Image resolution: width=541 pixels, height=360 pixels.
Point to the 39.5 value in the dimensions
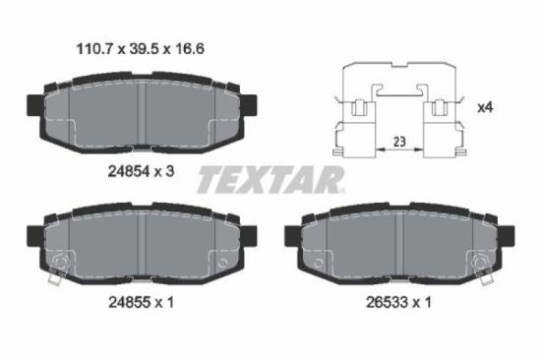pyautogui.click(x=144, y=47)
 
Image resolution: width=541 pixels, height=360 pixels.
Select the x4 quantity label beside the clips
pyautogui.click(x=486, y=106)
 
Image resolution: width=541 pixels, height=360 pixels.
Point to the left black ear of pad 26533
pyautogui.click(x=291, y=236)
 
